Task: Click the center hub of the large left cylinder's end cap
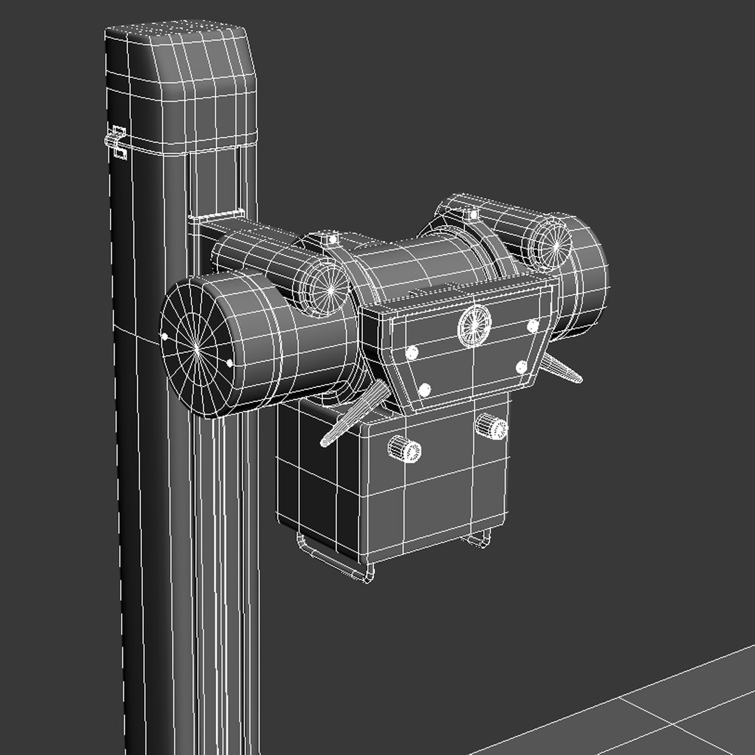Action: pos(198,345)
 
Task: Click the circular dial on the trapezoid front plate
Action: pos(475,325)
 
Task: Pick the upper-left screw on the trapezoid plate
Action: pos(412,352)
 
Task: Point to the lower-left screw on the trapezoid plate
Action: pos(424,389)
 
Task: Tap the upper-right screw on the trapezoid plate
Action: pos(533,325)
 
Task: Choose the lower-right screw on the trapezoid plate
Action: pos(521,366)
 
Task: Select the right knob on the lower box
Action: pos(491,426)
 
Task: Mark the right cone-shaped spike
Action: pos(563,368)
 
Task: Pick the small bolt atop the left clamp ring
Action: pos(329,239)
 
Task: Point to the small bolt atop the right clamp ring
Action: pos(473,214)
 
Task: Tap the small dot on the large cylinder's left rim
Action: pos(165,336)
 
